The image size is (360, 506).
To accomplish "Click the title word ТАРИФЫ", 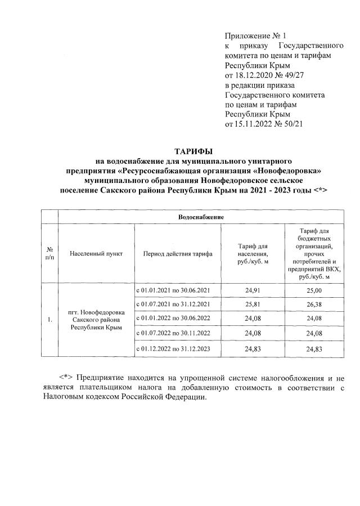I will pos(193,151).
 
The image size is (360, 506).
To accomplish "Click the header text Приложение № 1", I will pos(251,35).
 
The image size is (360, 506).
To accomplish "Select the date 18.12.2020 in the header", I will pos(253,75).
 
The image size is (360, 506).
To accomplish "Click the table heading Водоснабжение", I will pos(201,217).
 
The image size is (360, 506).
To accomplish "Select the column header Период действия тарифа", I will pos(178,254).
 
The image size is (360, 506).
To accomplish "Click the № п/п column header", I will pos(50,254).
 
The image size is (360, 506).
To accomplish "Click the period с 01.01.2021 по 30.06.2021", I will pos(173,290).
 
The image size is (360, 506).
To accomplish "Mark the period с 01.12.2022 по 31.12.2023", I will pos(173,350).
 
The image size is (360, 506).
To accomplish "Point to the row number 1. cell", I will pos(50,320).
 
